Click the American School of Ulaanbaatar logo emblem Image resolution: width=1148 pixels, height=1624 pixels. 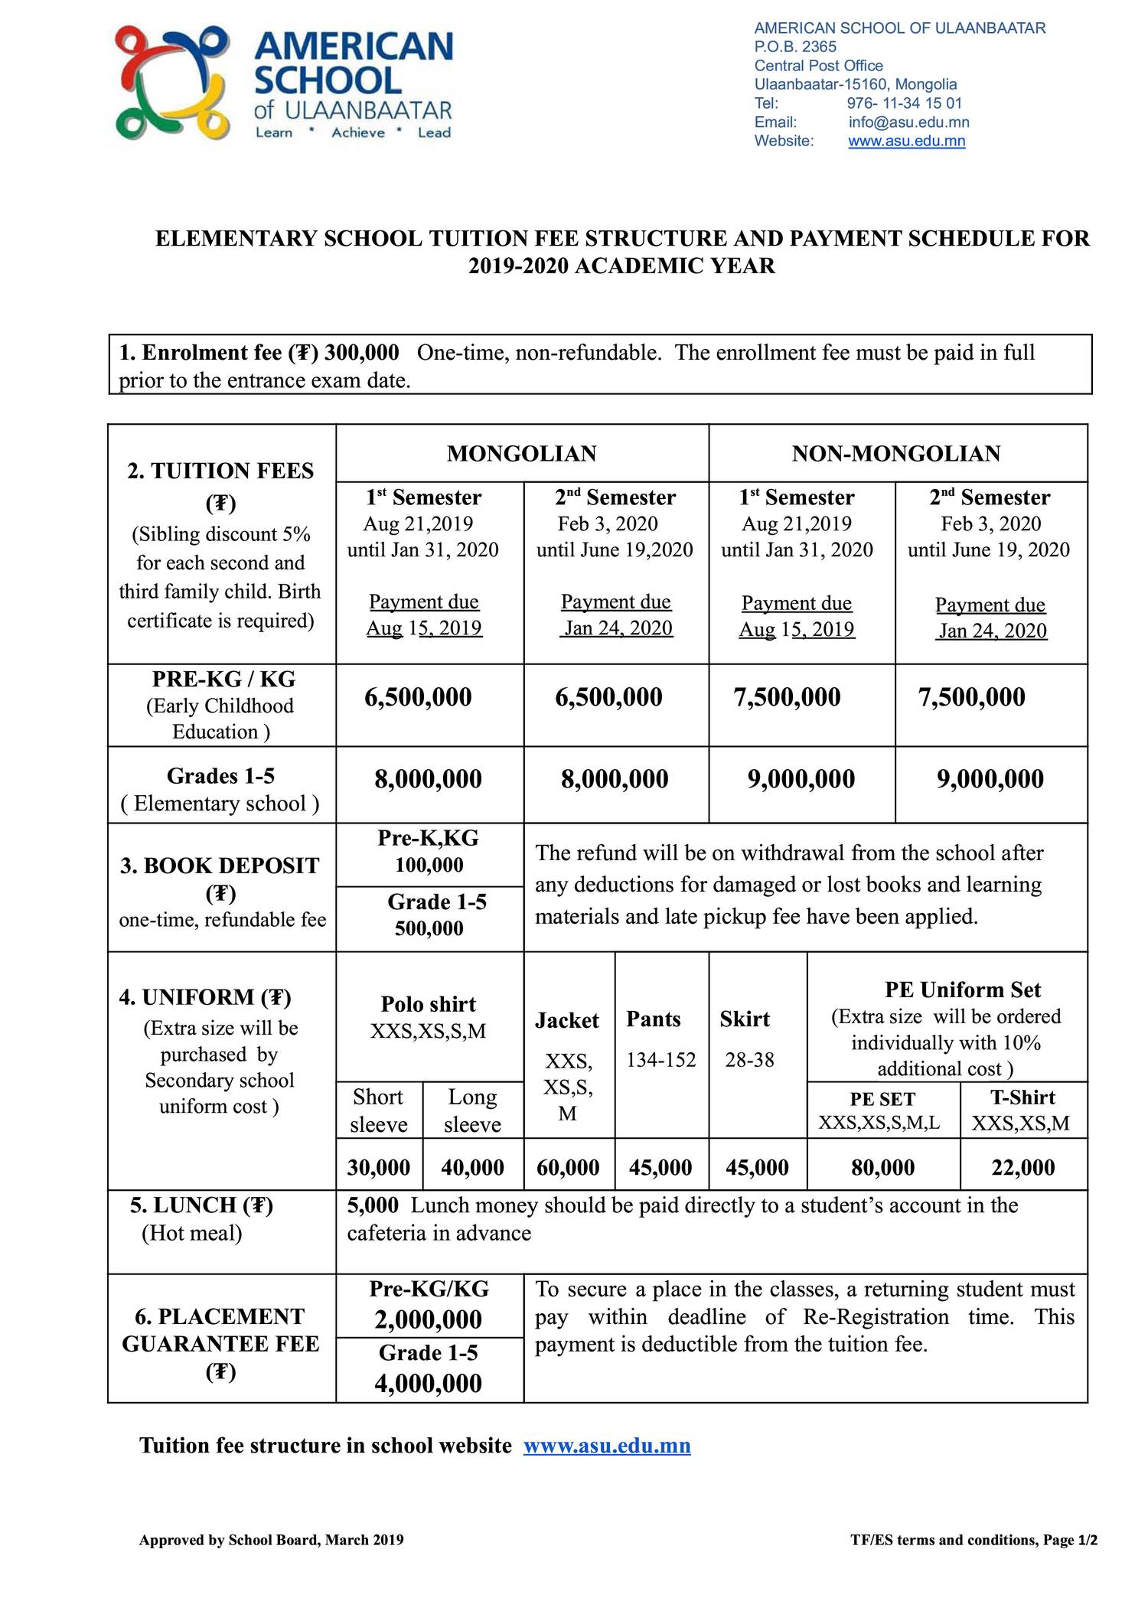pos(172,83)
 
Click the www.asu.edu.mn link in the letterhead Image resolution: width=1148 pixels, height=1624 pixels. pos(906,141)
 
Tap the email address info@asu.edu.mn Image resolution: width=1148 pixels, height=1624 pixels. pos(908,122)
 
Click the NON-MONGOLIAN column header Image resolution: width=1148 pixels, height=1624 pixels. pos(896,454)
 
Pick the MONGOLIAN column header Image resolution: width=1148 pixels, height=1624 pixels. pos(521,454)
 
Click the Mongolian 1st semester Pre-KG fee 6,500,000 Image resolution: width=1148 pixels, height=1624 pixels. pos(418,697)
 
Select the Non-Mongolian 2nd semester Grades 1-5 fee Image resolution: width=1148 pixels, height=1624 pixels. pos(990,779)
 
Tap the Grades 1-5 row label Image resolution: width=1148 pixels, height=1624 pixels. pos(220,777)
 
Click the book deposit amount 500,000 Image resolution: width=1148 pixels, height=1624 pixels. pos(429,928)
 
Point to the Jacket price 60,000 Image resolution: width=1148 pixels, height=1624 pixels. pos(568,1167)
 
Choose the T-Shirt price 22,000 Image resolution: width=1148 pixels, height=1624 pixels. pos(1022,1167)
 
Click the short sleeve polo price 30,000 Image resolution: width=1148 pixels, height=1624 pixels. pos(379,1167)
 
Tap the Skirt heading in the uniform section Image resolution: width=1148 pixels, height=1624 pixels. pos(745,1019)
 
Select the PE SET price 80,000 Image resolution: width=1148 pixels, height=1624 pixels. pos(882,1167)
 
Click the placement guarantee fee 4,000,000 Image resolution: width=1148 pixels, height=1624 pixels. pos(428,1384)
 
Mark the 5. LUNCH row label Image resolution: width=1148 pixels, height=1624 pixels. pos(201,1205)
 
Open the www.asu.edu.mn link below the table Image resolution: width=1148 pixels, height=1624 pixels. pos(607,1446)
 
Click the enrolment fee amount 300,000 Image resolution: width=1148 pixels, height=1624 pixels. pos(361,353)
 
